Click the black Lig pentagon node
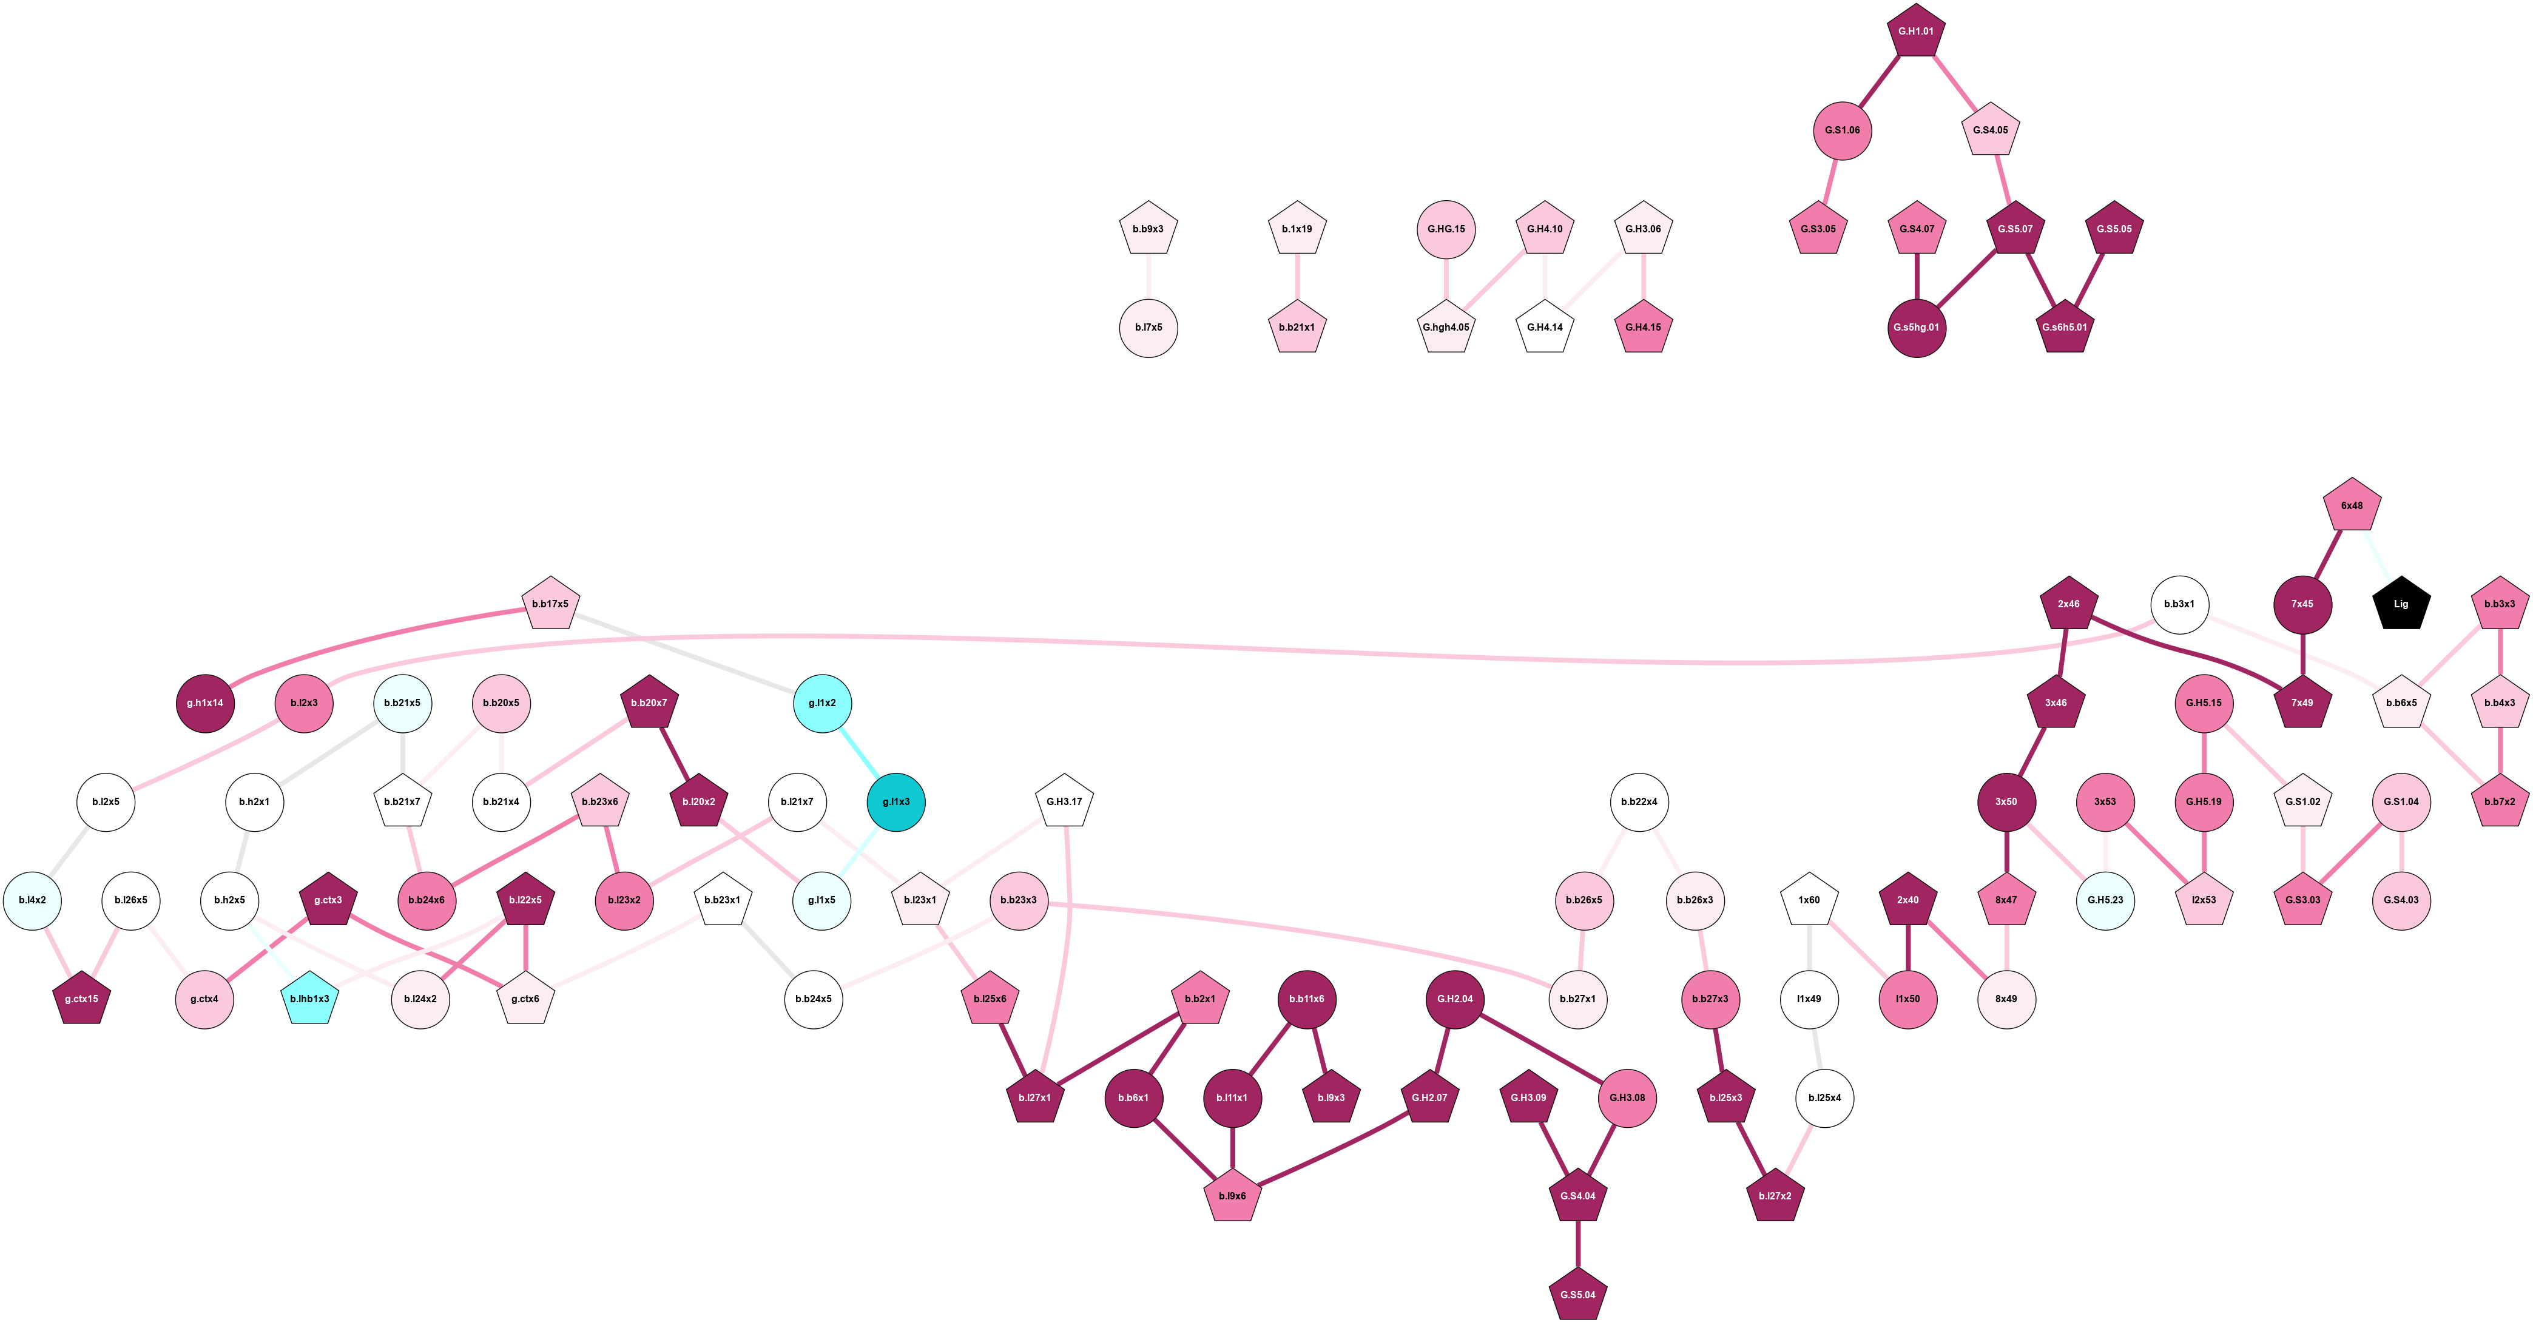click(2401, 604)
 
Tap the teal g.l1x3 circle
click(895, 802)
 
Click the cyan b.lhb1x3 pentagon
click(310, 999)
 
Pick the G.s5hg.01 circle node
click(1917, 328)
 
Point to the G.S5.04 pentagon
click(1578, 1295)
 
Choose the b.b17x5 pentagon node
click(551, 604)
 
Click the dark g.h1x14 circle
click(206, 704)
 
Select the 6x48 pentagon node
click(2352, 506)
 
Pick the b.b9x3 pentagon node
click(1148, 229)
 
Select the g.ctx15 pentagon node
click(82, 999)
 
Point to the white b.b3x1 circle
click(2180, 604)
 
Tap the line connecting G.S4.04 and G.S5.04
click(1578, 1244)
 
